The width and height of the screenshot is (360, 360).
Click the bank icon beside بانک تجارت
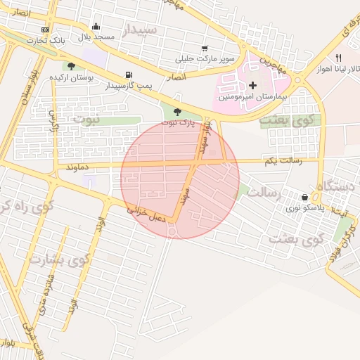pyautogui.click(x=46, y=30)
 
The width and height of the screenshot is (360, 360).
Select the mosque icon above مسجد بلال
pyautogui.click(x=96, y=27)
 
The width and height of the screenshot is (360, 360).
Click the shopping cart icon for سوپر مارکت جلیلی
pyautogui.click(x=205, y=49)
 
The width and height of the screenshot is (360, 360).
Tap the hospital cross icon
pyautogui.click(x=253, y=84)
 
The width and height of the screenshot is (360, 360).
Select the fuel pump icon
pyautogui.click(x=128, y=75)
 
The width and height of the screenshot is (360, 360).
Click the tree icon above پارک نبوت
pyautogui.click(x=176, y=112)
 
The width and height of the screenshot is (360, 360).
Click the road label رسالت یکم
pyautogui.click(x=283, y=161)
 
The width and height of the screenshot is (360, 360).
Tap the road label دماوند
pyautogui.click(x=79, y=168)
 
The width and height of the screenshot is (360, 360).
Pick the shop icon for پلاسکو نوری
pyautogui.click(x=304, y=198)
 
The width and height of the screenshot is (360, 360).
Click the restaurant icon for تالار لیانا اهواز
pyautogui.click(x=338, y=58)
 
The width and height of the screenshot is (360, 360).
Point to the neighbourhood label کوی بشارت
pyautogui.click(x=60, y=259)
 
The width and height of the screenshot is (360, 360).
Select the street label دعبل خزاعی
pyautogui.click(x=146, y=213)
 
